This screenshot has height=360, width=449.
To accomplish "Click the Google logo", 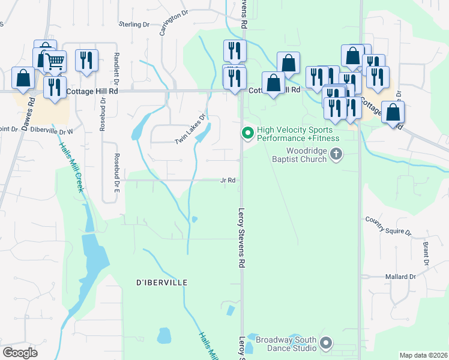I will (x=20, y=353).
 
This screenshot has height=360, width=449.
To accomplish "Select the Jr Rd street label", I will (x=227, y=180).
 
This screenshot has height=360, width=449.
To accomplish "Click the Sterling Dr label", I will (x=133, y=24).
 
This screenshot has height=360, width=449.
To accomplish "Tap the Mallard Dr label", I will (x=400, y=277).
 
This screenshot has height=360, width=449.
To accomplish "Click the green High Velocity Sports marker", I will (x=246, y=133).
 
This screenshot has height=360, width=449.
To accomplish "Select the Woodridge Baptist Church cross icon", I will (x=336, y=155).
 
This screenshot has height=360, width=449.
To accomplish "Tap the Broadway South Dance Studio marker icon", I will (x=326, y=344).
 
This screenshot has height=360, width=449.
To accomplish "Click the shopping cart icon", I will (x=55, y=61).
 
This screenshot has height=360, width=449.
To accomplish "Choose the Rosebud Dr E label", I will (x=116, y=172).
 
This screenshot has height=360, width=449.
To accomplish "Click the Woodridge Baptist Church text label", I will (x=306, y=155).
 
